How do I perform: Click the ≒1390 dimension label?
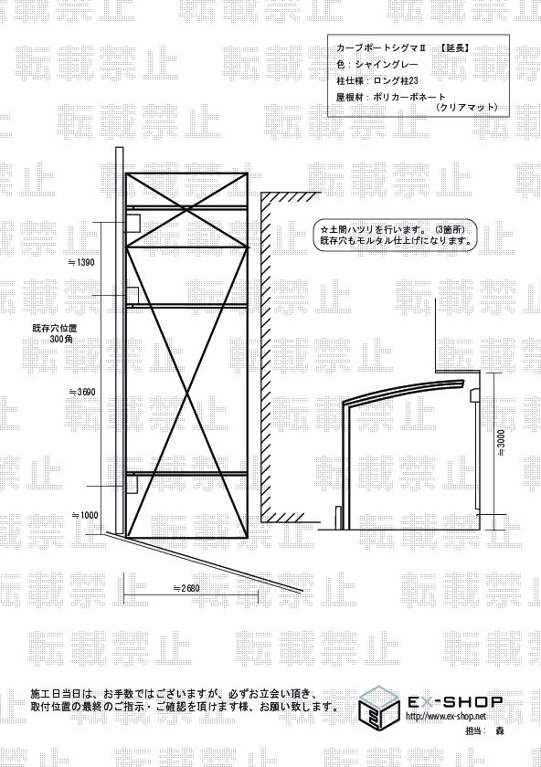[x=81, y=263]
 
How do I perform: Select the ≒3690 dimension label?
[x=82, y=392]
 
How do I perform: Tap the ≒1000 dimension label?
[x=85, y=515]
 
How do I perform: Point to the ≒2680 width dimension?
[x=186, y=588]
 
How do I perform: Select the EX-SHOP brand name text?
[x=455, y=702]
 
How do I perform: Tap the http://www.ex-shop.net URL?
[x=446, y=717]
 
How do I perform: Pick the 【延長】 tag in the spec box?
[x=454, y=47]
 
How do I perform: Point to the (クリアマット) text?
[x=466, y=107]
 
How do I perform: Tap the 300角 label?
[x=61, y=339]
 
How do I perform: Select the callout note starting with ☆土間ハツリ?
[x=395, y=236]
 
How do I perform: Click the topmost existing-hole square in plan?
[x=133, y=223]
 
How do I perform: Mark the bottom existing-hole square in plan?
[x=133, y=485]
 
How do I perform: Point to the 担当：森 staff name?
[x=483, y=730]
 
